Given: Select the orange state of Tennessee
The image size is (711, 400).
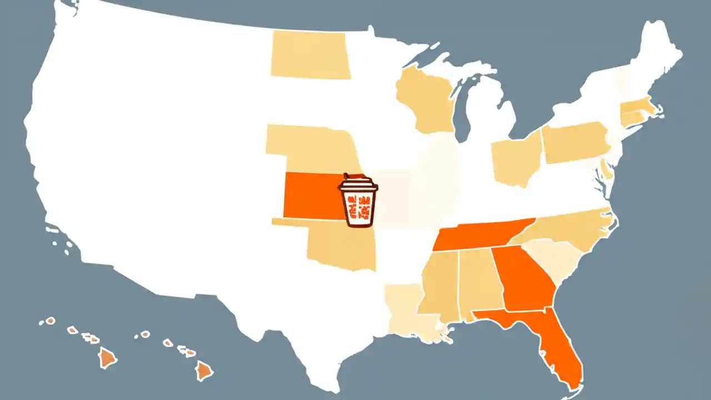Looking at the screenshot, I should [x=478, y=236].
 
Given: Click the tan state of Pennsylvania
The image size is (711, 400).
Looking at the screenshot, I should [x=575, y=142].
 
